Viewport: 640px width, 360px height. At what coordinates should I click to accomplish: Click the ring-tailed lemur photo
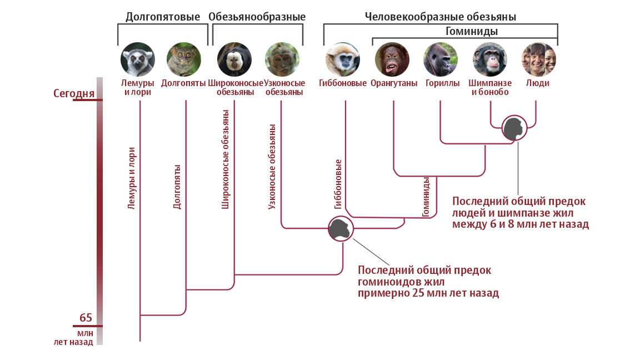click(x=137, y=59)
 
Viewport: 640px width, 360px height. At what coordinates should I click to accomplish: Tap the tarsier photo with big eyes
click(x=184, y=59)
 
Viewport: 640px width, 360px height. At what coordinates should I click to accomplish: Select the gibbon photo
click(x=343, y=59)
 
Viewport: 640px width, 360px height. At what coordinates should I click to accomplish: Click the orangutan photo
click(x=392, y=59)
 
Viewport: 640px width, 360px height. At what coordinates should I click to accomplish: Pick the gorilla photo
click(x=441, y=59)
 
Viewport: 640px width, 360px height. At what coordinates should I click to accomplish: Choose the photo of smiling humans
click(x=539, y=59)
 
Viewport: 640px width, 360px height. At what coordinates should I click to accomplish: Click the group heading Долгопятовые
click(x=162, y=17)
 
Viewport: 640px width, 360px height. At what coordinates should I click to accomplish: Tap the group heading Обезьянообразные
click(x=257, y=17)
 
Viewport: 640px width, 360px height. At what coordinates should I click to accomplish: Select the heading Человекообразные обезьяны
click(x=440, y=17)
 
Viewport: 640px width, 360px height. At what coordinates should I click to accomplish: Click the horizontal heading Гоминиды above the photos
click(x=471, y=31)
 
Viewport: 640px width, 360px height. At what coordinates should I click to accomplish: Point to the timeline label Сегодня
click(x=74, y=93)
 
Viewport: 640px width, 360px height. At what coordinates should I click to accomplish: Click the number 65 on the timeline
click(x=86, y=318)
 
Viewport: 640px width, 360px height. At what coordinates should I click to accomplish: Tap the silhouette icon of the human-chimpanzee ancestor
click(x=514, y=129)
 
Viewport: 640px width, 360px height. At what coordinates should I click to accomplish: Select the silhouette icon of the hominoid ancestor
click(x=340, y=229)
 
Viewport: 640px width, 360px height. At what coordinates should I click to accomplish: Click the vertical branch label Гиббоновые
click(x=338, y=184)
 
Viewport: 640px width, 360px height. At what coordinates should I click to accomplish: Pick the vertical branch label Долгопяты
click(x=177, y=186)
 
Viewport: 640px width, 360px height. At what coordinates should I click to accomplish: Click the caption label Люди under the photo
click(x=538, y=83)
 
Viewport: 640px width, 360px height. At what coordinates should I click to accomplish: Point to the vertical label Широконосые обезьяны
click(x=226, y=159)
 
